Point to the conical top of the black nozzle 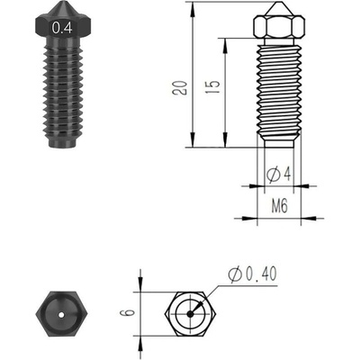point(63,11)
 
